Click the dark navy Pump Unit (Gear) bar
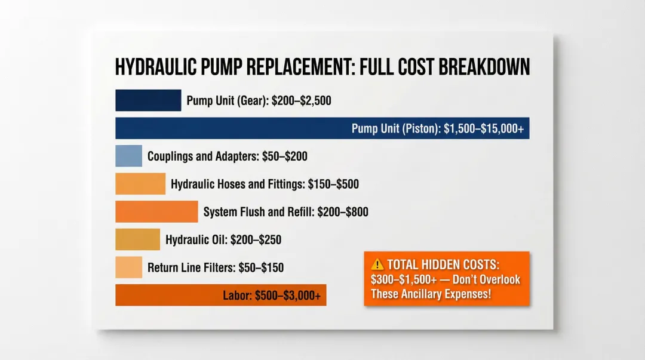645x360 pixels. point(148,100)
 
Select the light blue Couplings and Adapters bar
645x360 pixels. point(128,156)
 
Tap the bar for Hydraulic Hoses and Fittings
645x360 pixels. point(140,184)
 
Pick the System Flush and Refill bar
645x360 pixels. point(156,211)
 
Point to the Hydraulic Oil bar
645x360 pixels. point(137,239)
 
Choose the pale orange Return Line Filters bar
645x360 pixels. point(128,267)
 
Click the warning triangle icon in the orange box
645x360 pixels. point(377,264)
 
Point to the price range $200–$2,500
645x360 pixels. point(301,101)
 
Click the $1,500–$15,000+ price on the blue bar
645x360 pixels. point(484,129)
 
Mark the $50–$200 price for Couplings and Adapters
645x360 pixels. point(285,156)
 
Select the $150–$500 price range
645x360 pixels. point(333,184)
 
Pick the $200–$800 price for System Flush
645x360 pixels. point(343,212)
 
